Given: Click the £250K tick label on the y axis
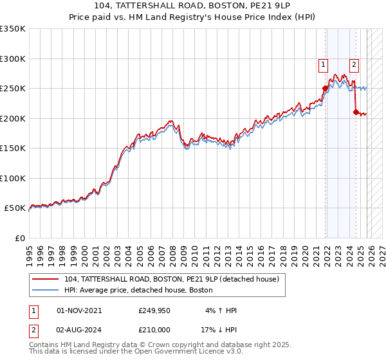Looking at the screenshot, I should pyautogui.click(x=13, y=89).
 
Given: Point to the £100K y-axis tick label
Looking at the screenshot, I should pyautogui.click(x=13, y=178).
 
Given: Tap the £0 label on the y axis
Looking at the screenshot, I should pyautogui.click(x=19, y=238).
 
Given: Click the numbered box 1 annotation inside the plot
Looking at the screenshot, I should pyautogui.click(x=322, y=64).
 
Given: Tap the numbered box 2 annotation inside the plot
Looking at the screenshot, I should pyautogui.click(x=354, y=64).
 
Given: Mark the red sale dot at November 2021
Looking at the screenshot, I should pyautogui.click(x=326, y=89).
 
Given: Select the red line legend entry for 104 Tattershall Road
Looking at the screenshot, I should pyautogui.click(x=171, y=279).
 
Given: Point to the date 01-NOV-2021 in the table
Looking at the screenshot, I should pyautogui.click(x=79, y=310).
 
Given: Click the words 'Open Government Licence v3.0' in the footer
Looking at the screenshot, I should pyautogui.click(x=190, y=352).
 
